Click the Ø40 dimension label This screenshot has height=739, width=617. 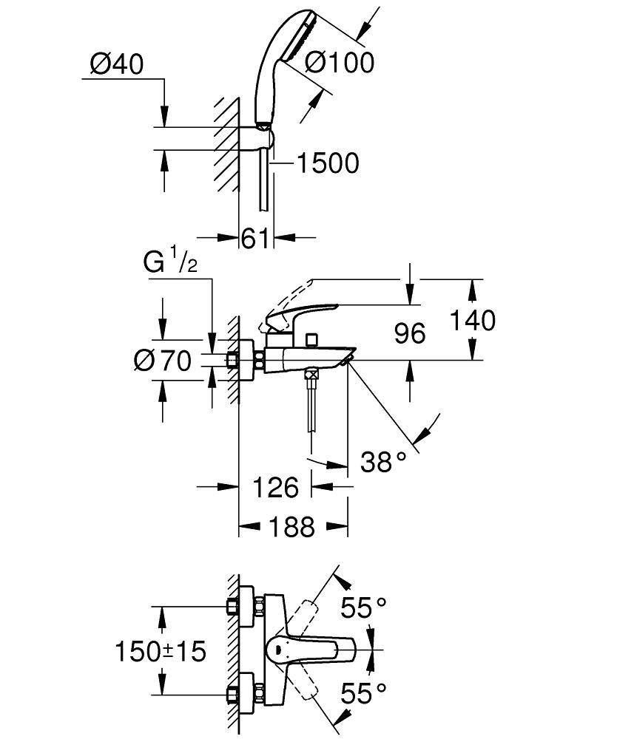pyautogui.click(x=116, y=65)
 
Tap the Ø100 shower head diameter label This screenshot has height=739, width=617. pyautogui.click(x=340, y=62)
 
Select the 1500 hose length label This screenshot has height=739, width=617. pyautogui.click(x=327, y=163)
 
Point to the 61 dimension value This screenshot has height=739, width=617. pyautogui.click(x=255, y=238)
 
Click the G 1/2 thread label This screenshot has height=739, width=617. pyautogui.click(x=170, y=263)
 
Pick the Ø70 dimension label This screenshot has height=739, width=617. pyautogui.click(x=162, y=361)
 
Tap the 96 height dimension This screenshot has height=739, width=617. pyautogui.click(x=409, y=333)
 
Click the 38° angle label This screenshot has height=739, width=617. pyautogui.click(x=384, y=462)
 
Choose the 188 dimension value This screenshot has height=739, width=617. pyautogui.click(x=292, y=527)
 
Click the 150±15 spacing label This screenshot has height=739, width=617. pyautogui.click(x=160, y=651)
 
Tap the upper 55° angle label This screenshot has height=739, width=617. pyautogui.click(x=363, y=608)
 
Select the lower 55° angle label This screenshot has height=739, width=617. pyautogui.click(x=363, y=692)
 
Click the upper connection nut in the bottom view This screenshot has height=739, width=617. pyautogui.click(x=233, y=606)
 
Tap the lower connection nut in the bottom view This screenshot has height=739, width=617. pyautogui.click(x=233, y=695)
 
